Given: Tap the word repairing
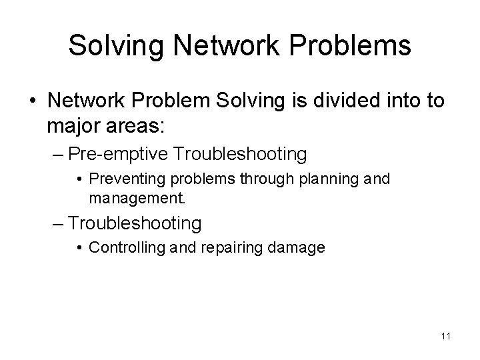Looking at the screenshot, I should point(211,248).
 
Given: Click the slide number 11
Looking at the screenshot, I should point(446,336).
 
